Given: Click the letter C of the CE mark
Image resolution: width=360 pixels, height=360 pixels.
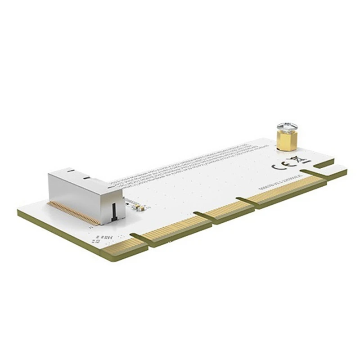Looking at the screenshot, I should [278, 165].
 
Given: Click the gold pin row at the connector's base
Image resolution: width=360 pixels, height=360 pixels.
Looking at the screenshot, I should [74, 213].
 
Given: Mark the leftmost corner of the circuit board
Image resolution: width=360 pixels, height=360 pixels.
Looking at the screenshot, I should [18, 211].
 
